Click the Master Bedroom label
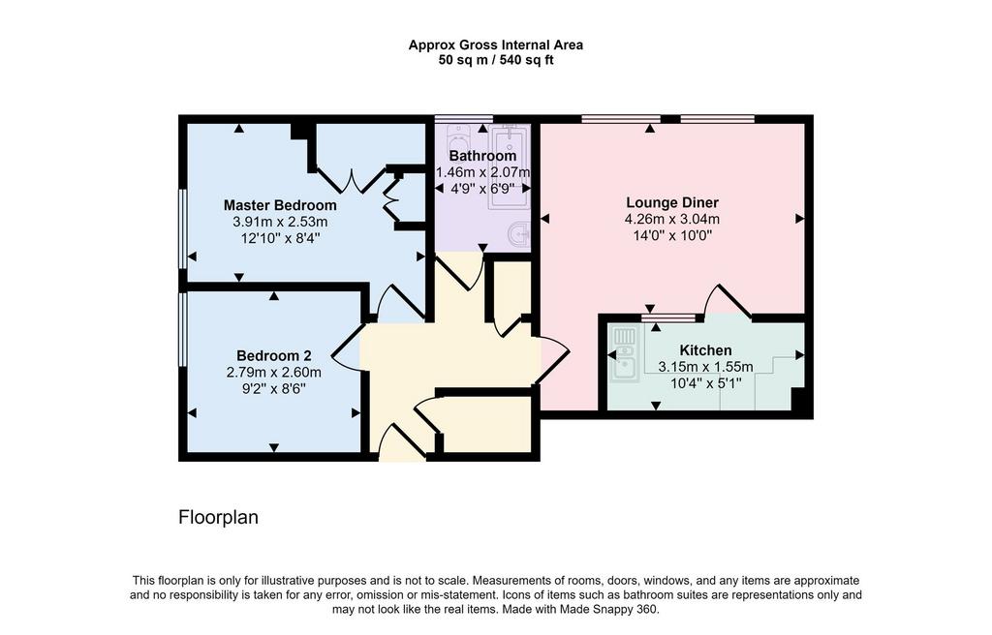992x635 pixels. click(280, 205)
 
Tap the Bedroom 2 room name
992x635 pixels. click(274, 356)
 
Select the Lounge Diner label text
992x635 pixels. click(672, 203)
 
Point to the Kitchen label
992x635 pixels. click(705, 350)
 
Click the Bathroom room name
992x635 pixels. click(482, 156)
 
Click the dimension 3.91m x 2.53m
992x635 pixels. click(280, 222)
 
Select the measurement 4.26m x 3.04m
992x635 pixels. click(672, 220)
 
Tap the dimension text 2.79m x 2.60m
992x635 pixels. click(274, 373)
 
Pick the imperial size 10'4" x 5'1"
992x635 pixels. click(705, 383)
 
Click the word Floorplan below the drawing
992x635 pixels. click(218, 517)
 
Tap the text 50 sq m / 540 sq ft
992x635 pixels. click(496, 61)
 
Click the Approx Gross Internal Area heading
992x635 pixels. click(496, 45)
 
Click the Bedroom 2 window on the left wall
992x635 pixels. click(182, 329)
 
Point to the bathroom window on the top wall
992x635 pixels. click(464, 118)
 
